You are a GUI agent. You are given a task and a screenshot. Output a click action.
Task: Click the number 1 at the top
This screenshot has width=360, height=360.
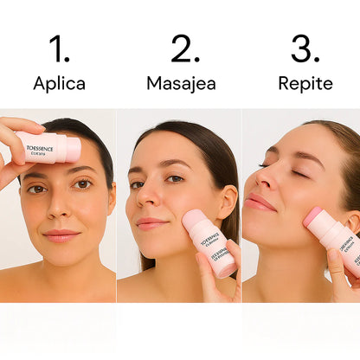pyautogui.click(x=59, y=49)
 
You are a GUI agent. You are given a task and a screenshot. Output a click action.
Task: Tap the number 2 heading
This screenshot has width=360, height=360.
pyautogui.click(x=185, y=49)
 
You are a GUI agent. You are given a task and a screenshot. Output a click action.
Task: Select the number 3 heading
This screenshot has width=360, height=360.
pyautogui.click(x=305, y=49)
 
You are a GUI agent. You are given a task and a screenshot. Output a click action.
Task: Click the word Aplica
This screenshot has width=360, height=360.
pyautogui.click(x=59, y=84)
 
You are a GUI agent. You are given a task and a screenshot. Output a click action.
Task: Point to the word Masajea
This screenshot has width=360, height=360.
pyautogui.click(x=181, y=84)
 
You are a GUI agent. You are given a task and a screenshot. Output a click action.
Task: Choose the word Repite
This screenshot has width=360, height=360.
pyautogui.click(x=305, y=84)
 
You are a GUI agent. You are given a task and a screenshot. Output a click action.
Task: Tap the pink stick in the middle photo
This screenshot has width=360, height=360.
pyautogui.click(x=209, y=241)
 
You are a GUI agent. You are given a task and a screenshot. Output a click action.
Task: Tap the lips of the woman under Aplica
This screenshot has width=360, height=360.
pyautogui.click(x=61, y=235)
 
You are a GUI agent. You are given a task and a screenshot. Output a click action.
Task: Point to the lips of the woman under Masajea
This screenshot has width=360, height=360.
pyautogui.click(x=151, y=223)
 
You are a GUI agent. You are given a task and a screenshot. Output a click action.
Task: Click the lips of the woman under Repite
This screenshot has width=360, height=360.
pyautogui.click(x=259, y=202)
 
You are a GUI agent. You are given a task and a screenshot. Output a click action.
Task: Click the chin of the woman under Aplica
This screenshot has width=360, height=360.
pyautogui.click(x=62, y=257)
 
